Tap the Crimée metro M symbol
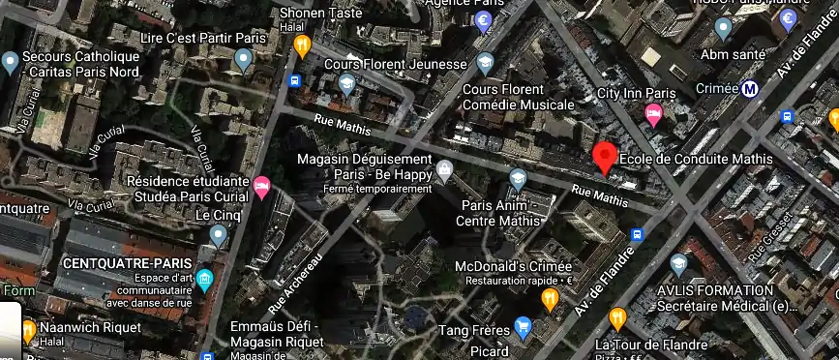tap(750, 90)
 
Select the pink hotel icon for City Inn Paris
tap(654, 115)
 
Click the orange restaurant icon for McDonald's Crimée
tap(551, 298)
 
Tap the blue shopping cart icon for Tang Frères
tap(524, 327)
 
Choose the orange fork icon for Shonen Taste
tap(302, 44)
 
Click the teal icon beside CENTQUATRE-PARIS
tap(204, 281)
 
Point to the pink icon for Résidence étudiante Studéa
tap(261, 184)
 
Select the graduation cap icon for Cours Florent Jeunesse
tap(345, 84)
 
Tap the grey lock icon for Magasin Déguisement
tap(444, 171)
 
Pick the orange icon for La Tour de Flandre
tap(617, 318)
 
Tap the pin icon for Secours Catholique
tap(12, 63)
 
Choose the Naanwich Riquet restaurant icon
tap(29, 331)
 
